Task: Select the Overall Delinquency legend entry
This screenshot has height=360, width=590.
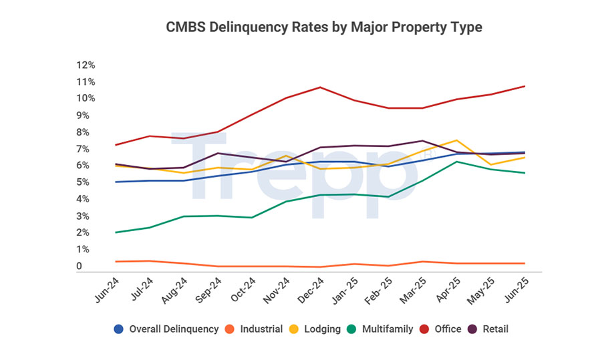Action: pos(167,329)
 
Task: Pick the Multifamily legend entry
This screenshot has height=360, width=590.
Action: pos(382,329)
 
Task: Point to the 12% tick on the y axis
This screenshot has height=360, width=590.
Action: pos(86,65)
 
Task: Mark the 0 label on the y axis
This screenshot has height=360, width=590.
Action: pos(79,266)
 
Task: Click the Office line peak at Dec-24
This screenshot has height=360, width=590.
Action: pos(320,87)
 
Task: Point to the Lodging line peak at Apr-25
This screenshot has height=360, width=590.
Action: pos(456,140)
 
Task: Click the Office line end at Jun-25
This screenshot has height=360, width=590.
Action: pos(525,86)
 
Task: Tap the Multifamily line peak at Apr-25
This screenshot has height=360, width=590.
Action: pos(456,162)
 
